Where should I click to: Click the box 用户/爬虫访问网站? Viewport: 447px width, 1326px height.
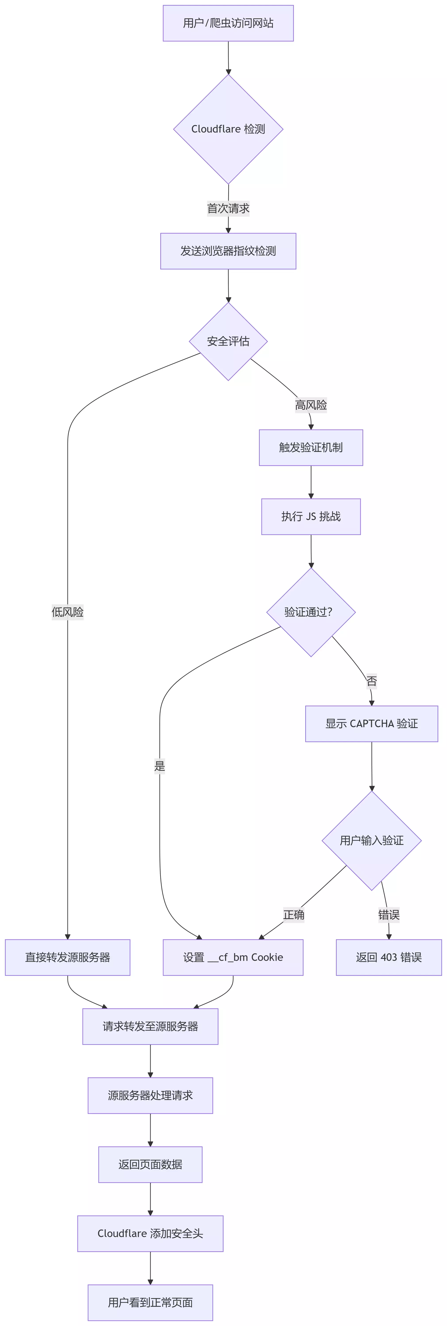pos(228,23)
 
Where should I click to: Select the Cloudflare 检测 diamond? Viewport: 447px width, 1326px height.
pos(228,129)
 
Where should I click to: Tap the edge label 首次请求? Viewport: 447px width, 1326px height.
pos(228,208)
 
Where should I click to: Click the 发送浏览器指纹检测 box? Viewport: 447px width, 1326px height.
pos(228,251)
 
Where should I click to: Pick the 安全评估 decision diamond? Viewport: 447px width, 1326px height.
pos(228,341)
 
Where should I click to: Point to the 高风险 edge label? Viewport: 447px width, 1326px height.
pos(311,405)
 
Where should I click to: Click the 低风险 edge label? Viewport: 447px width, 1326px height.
pos(67,612)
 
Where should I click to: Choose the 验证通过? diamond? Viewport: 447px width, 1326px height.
pos(311,612)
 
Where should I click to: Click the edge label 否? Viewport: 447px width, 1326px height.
pos(371,681)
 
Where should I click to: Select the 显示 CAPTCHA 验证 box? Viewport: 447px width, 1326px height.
pos(371,724)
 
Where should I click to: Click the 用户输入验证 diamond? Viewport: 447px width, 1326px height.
pos(371,840)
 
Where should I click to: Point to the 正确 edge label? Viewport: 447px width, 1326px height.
pos(294,915)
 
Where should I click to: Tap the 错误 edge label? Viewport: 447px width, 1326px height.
pos(389,915)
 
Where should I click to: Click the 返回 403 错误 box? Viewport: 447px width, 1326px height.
pos(389,958)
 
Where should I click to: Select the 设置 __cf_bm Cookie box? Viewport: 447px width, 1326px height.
pos(233,958)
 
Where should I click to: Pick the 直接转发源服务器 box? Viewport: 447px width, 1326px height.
pos(67,958)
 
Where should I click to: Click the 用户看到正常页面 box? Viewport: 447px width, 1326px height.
pos(150,1302)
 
